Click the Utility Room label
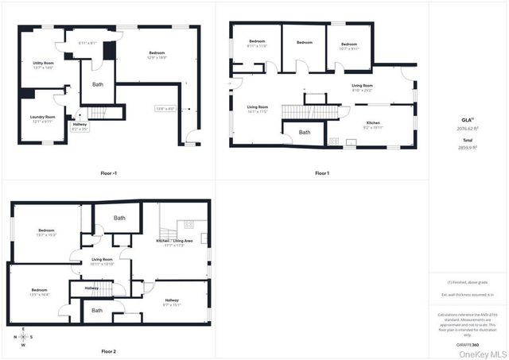[x=43, y=64]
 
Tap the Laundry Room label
[x=43, y=118]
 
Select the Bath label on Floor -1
[x=98, y=83]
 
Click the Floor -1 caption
[x=109, y=172]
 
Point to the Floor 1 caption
[x=321, y=172]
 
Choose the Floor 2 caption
[x=109, y=350]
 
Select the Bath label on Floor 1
[x=305, y=132]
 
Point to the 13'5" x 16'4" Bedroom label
[x=40, y=292]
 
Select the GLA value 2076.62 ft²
[x=468, y=127]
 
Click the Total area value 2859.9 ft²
[x=468, y=148]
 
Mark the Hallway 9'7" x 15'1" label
[x=173, y=302]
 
